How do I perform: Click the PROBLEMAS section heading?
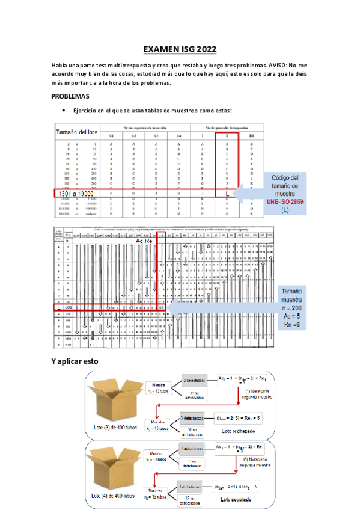70,96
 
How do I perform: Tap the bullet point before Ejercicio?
63,111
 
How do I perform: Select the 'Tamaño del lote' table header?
76,131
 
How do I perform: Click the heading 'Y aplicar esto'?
74,361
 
